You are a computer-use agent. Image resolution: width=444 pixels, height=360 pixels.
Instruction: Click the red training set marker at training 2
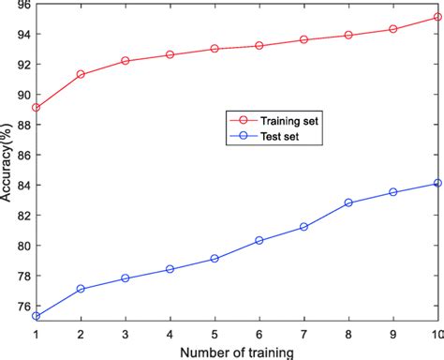point(81,74)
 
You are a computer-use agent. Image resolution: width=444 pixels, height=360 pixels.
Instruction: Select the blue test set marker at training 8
point(348,202)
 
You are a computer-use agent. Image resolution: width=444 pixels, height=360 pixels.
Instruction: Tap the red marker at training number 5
point(215,49)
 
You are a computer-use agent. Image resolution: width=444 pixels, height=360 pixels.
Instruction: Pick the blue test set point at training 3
point(125,278)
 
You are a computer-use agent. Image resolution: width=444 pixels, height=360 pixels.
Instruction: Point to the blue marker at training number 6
point(259,240)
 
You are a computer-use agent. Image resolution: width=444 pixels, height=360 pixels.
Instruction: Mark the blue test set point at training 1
point(36,316)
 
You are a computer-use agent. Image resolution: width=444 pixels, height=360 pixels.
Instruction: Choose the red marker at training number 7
point(303,39)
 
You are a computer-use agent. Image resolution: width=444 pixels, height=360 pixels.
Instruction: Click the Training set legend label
point(290,120)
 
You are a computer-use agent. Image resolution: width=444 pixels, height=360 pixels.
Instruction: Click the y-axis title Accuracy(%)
point(7,167)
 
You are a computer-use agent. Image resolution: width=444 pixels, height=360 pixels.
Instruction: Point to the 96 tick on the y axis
point(22,5)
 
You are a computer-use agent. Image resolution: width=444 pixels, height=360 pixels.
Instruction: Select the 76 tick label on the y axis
point(22,305)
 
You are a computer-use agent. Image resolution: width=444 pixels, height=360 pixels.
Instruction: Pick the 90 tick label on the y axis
point(22,95)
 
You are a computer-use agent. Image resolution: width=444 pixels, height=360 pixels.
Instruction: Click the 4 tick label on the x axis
point(170,334)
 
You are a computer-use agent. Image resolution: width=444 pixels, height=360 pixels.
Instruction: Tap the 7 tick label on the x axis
point(303,334)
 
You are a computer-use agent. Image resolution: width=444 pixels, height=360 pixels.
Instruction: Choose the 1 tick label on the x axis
point(36,334)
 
